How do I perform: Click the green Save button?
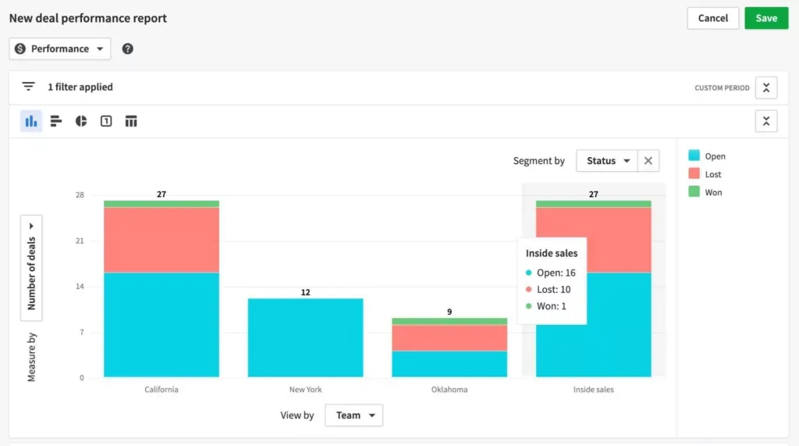point(766,18)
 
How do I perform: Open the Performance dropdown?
point(60,48)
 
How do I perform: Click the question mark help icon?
point(128,48)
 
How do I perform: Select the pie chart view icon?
point(81,121)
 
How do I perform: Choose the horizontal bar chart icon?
point(56,121)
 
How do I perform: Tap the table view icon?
point(131,121)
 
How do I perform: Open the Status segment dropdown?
point(607,161)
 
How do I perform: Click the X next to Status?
point(648,161)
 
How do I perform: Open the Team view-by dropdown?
point(353,416)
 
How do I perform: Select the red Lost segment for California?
point(162,239)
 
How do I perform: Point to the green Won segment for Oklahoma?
point(449,321)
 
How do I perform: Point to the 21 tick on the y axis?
point(80,241)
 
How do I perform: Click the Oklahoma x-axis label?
point(449,389)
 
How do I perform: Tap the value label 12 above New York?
point(305,292)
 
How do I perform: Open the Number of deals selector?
point(32,268)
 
